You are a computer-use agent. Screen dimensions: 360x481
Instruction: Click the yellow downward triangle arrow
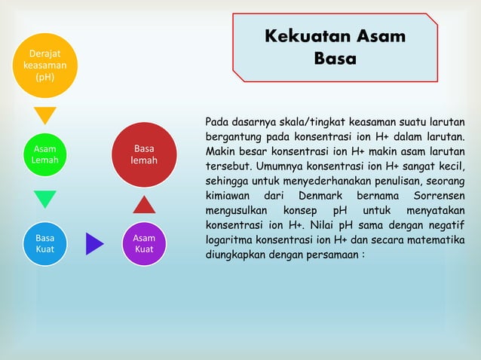(x=45, y=115)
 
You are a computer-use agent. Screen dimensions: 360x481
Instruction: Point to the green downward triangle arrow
(x=45, y=199)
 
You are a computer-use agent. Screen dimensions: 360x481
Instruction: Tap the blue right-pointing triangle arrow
(x=93, y=244)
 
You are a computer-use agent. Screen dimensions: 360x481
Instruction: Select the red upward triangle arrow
(x=144, y=204)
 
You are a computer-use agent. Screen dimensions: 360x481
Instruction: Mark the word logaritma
(x=232, y=239)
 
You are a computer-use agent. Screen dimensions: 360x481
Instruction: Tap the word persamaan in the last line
(x=329, y=254)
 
